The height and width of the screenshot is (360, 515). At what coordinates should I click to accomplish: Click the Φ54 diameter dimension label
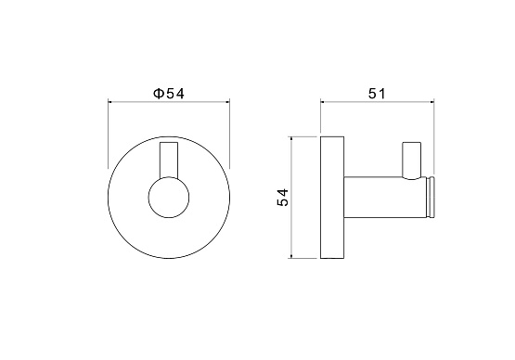[x=169, y=94]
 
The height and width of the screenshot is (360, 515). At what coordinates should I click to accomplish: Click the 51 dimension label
[x=377, y=94]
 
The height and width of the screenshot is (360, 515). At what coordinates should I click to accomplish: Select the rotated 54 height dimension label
[x=282, y=197]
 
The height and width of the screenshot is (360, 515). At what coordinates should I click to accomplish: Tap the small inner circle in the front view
[x=169, y=197]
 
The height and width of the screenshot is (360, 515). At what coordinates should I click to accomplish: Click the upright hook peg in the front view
[x=169, y=161]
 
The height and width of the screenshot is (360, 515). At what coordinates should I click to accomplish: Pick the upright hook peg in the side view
[x=412, y=161]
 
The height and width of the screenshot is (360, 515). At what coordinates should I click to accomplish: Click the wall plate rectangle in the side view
[x=332, y=197]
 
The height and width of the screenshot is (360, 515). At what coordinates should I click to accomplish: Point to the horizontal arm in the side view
[x=385, y=197]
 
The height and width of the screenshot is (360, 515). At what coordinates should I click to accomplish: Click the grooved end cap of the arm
[x=431, y=197]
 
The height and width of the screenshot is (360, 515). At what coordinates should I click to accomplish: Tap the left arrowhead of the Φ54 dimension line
[x=110, y=102]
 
